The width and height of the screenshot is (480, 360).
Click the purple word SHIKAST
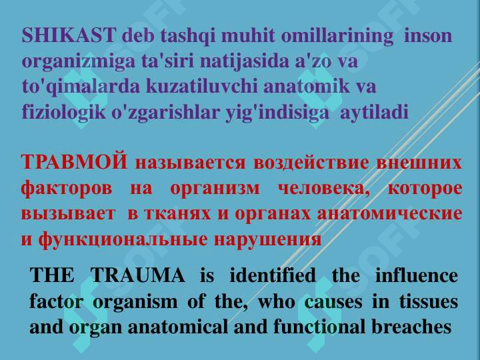[69, 35]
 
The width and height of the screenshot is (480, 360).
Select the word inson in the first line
[428, 35]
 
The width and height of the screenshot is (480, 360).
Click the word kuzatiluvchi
[202, 86]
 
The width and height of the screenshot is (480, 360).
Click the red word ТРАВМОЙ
[74, 161]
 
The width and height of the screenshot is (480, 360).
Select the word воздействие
[311, 163]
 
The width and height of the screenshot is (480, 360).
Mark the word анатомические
[390, 213]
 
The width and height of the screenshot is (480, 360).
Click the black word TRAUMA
[138, 275]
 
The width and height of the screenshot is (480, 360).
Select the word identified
[273, 275]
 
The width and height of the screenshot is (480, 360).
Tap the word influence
[416, 275]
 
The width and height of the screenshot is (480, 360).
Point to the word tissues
[429, 301]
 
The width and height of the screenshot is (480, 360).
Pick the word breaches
[411, 326]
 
